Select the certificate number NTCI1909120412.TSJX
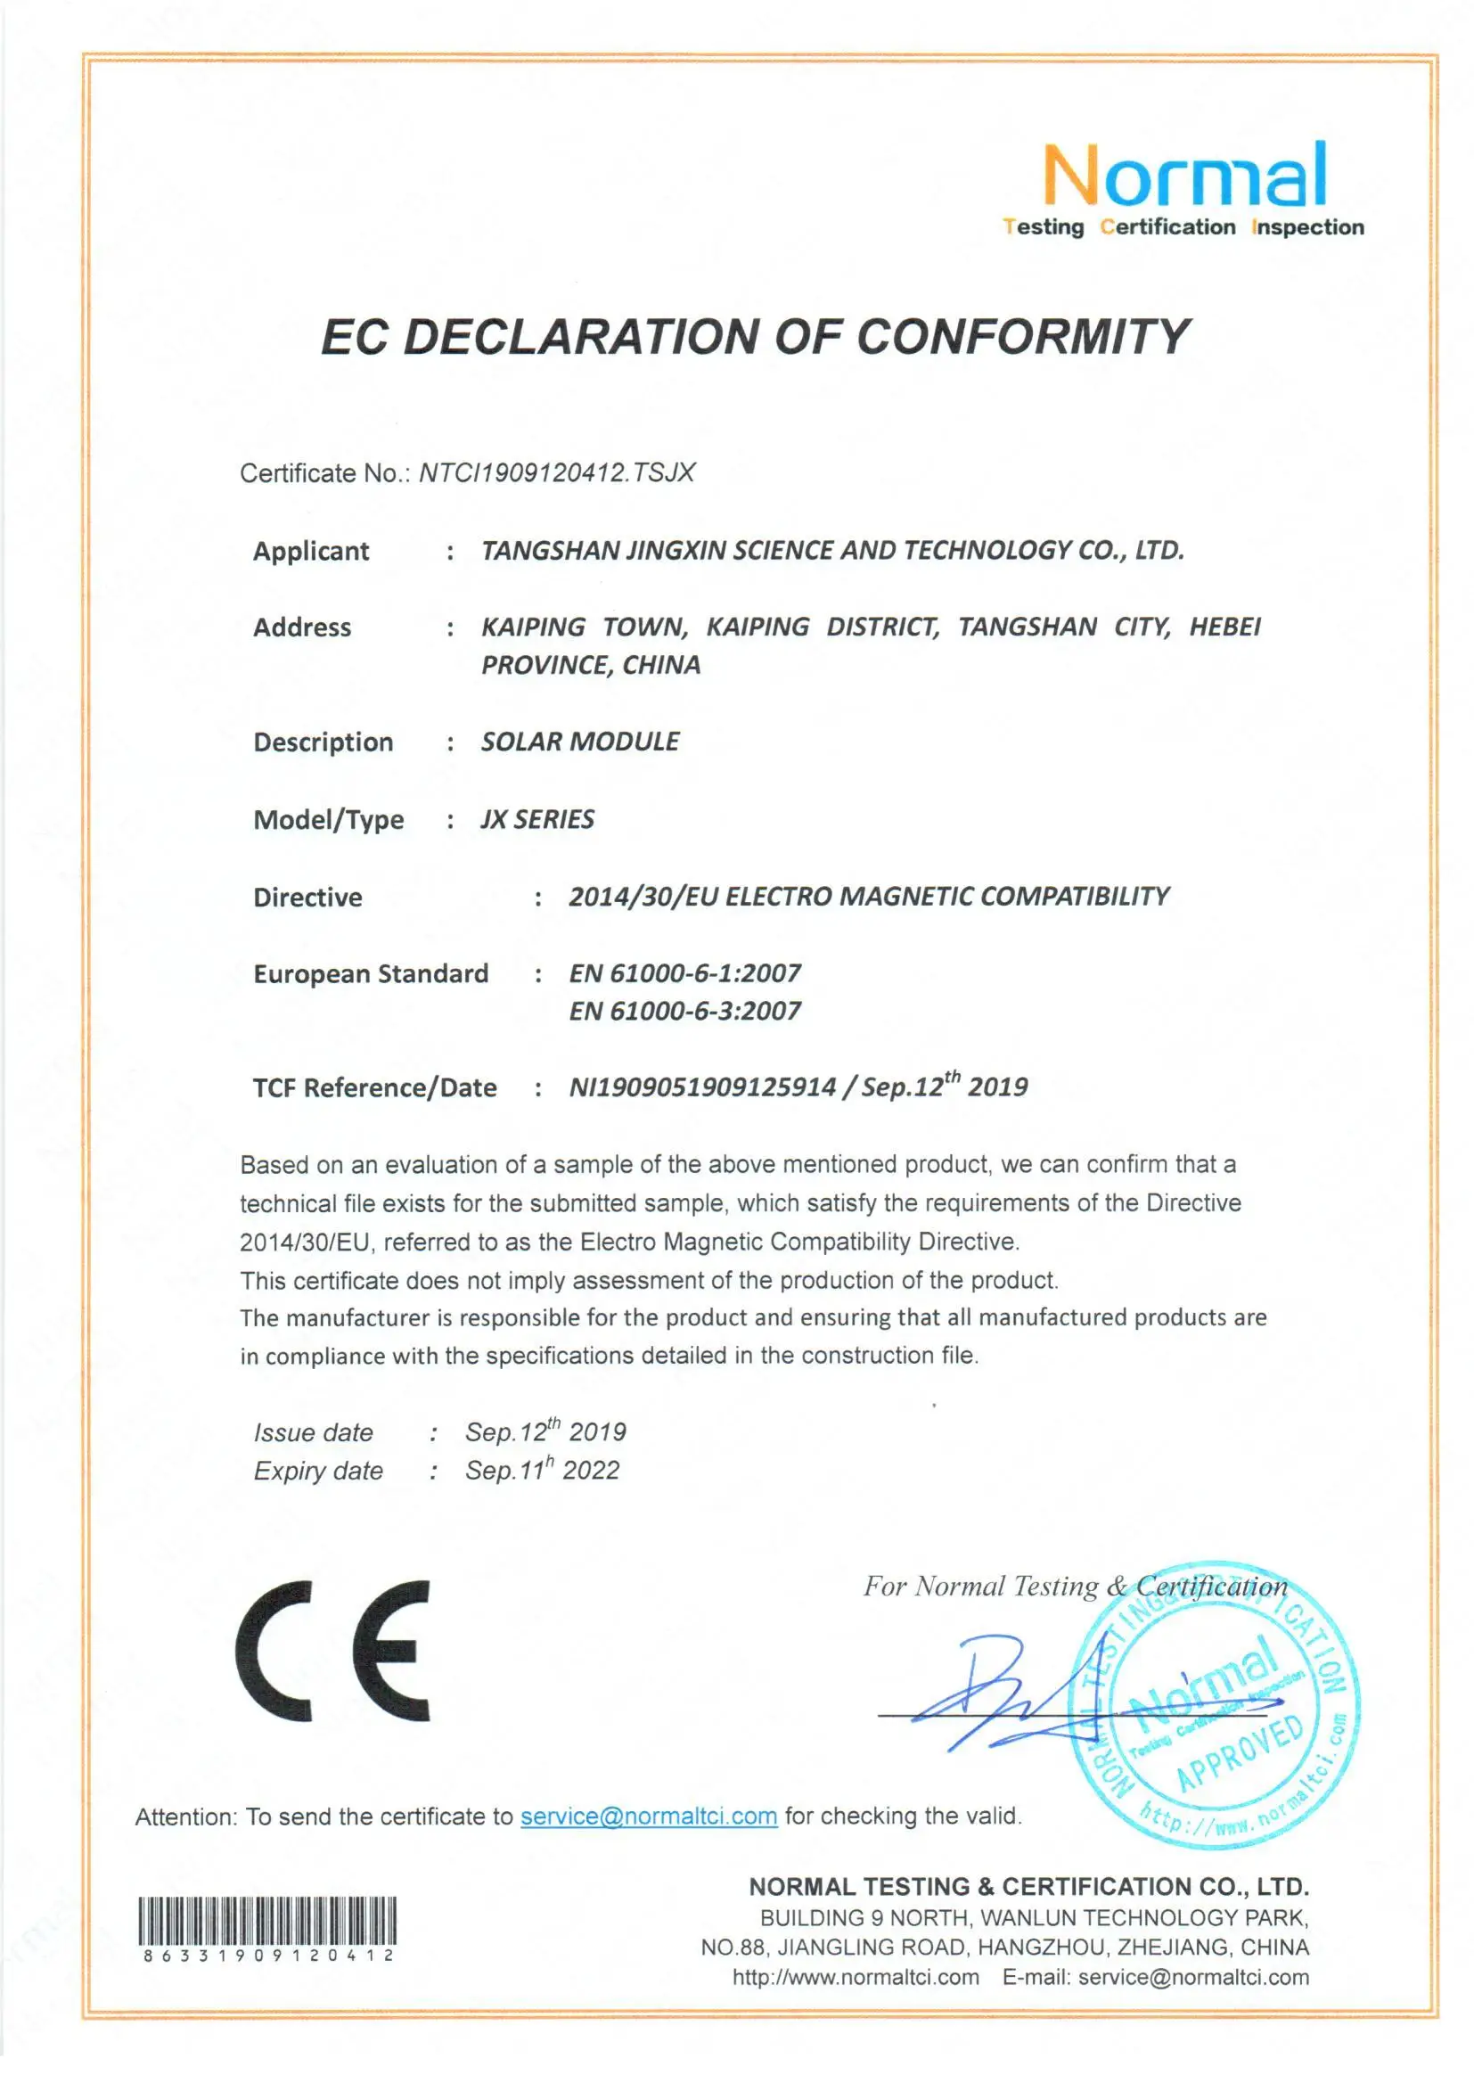[x=556, y=473]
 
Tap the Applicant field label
[x=310, y=551]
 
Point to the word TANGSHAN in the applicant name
[x=549, y=551]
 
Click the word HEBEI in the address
[x=1224, y=627]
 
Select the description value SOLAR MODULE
[x=579, y=742]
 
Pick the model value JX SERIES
[x=537, y=820]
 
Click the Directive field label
[x=307, y=898]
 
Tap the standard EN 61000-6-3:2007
[x=684, y=1011]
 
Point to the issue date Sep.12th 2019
[x=545, y=1431]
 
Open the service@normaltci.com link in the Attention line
[x=648, y=1816]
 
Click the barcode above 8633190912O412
[x=267, y=1919]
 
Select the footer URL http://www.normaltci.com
[x=855, y=1977]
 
